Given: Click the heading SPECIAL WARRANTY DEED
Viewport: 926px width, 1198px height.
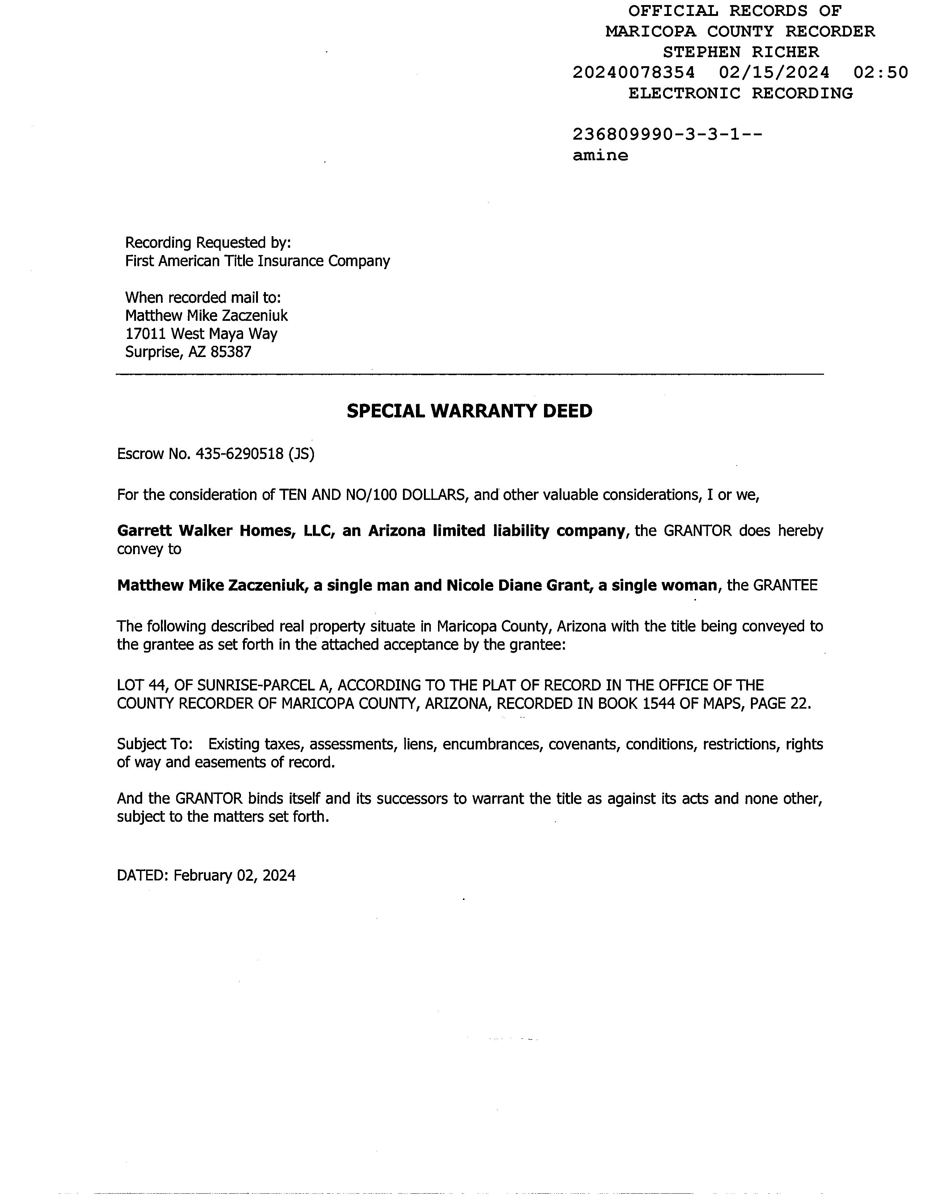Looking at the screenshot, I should point(469,411).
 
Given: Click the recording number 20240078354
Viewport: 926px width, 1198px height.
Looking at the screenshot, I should point(634,72).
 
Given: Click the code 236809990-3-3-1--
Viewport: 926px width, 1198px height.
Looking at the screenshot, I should point(667,135).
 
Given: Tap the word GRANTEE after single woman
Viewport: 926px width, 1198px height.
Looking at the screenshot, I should point(785,586).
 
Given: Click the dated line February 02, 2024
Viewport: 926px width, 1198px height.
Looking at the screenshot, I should point(234,875).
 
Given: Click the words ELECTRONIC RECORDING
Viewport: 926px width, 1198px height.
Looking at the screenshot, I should point(740,93).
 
